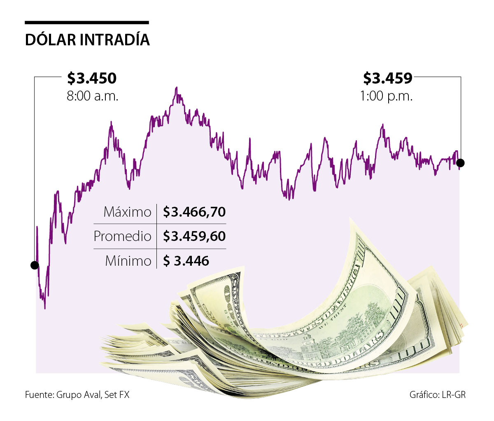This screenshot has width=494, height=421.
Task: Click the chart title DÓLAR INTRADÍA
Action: pos(87,40)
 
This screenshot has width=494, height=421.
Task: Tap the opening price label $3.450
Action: pos(92,78)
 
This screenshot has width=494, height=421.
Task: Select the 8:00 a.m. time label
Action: pos(92,96)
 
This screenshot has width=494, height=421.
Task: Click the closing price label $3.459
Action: pos(387,78)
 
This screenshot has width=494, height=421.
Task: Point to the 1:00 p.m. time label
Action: pos(386,96)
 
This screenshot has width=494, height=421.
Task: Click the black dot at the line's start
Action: pos(35,265)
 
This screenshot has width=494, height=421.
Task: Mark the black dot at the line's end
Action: pos(461,163)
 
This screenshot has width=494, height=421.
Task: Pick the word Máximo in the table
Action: pos(127,212)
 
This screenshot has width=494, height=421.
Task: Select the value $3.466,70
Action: pos(194,212)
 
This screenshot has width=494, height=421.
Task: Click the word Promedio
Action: pos(122,236)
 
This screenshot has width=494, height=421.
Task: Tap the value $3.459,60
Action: pos(194,236)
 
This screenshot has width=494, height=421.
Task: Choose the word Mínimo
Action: pos(128,261)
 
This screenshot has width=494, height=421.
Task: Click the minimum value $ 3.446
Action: pos(186,261)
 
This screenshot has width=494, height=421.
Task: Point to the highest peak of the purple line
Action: pos(177,88)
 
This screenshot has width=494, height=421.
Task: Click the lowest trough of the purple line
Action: pos(44,308)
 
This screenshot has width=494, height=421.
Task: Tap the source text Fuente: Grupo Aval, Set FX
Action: pos(77,395)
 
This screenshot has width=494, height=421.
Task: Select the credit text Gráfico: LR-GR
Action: pos(438,395)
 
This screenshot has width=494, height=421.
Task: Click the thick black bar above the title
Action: pos(87,23)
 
